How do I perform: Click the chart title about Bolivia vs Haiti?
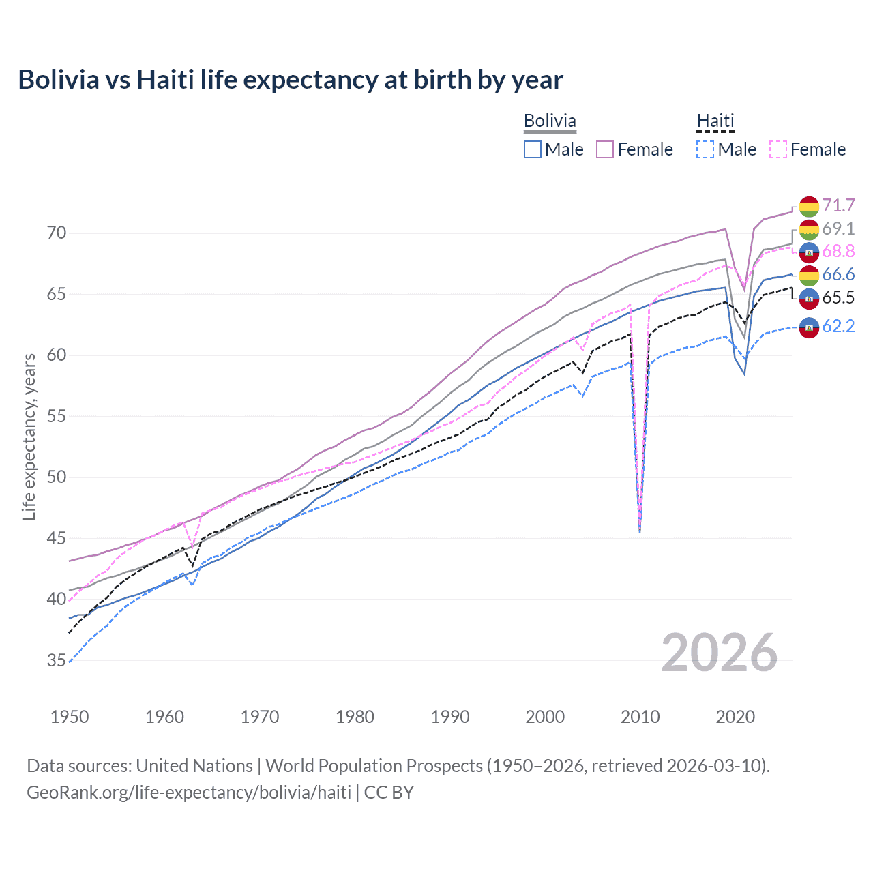[291, 80]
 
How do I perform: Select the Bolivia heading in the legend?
[550, 121]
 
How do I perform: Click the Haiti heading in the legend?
[715, 121]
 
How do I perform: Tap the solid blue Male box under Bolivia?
[533, 149]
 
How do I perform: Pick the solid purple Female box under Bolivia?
[605, 149]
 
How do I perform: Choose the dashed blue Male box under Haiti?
[705, 149]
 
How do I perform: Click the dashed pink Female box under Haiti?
[778, 149]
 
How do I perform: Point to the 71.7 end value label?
[838, 205]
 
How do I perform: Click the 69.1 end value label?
[838, 228]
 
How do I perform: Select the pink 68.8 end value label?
[838, 252]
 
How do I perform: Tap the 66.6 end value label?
[838, 274]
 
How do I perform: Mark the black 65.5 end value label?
[838, 297]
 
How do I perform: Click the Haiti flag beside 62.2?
[809, 327]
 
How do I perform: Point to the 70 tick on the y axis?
[57, 233]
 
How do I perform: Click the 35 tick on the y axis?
[57, 660]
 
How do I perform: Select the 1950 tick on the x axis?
[70, 717]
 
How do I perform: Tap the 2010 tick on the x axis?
[640, 717]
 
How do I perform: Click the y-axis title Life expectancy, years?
[29, 436]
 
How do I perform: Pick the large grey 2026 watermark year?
[719, 653]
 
